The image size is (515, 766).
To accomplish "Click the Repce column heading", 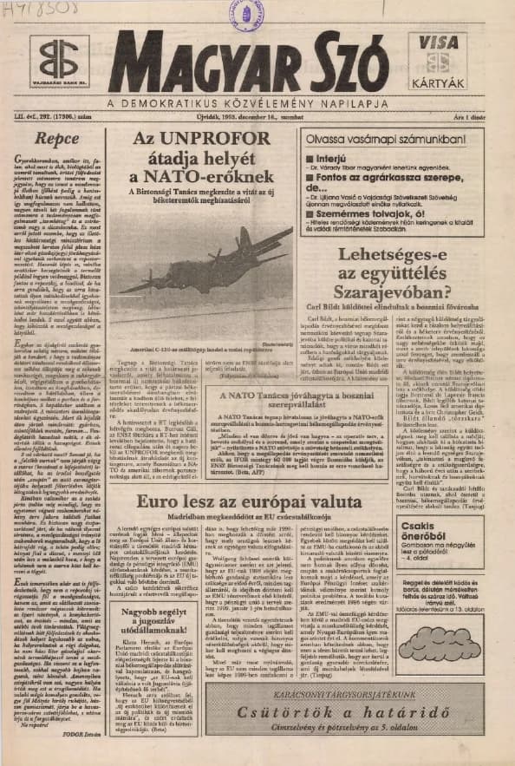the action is [x=58, y=137].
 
